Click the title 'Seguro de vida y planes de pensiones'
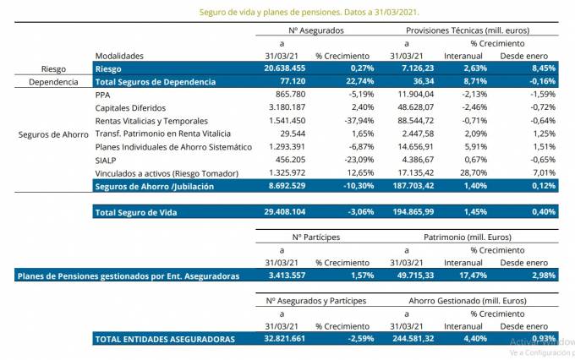coord(309,14)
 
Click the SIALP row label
coord(107,159)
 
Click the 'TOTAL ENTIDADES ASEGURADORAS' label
coord(165,338)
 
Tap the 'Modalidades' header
coord(119,55)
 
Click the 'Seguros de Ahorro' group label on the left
coord(52,134)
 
